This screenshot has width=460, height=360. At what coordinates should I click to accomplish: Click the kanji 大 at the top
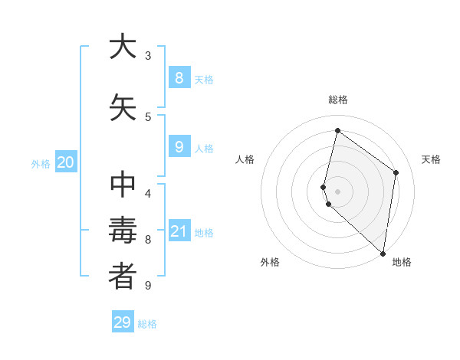(123, 47)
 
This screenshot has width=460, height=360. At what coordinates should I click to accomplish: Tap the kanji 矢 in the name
(123, 107)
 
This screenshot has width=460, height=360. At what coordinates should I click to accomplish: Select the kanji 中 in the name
(123, 186)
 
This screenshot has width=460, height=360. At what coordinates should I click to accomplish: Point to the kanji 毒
(123, 231)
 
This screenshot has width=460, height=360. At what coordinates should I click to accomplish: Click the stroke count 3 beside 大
(148, 56)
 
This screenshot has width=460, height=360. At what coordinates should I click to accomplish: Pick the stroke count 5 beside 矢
(148, 116)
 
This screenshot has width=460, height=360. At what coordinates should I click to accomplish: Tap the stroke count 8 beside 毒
(148, 240)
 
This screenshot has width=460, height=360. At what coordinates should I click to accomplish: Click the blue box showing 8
(179, 77)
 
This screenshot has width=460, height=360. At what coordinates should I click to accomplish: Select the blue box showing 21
(179, 231)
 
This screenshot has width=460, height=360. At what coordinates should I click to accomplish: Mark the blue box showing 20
(66, 162)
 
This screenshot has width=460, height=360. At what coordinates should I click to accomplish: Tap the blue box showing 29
(123, 322)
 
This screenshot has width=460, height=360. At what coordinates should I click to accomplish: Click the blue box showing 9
(179, 147)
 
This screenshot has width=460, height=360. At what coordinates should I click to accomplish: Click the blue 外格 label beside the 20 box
(41, 163)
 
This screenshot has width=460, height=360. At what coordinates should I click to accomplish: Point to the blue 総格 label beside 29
(147, 324)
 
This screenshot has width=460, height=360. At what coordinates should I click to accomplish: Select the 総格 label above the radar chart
(338, 100)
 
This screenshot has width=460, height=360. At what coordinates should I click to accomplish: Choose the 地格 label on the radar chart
(402, 262)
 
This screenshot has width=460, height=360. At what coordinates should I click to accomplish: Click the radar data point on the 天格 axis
(396, 172)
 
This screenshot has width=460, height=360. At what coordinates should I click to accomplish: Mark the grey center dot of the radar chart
(338, 191)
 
